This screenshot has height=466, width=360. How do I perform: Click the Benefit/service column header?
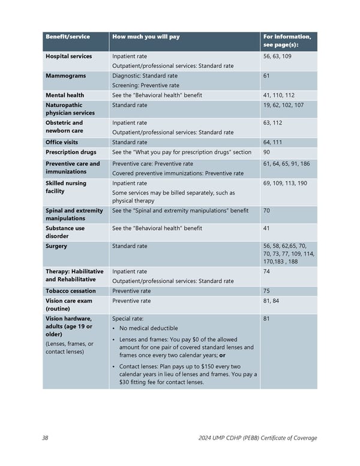pyautogui.click(x=68, y=37)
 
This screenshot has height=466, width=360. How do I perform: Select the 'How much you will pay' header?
pyautogui.click(x=146, y=37)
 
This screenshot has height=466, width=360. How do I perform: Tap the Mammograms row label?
pyautogui.click(x=65, y=76)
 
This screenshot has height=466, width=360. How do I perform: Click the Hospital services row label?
pyautogui.click(x=69, y=56)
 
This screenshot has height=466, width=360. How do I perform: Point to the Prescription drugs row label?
pyautogui.click(x=71, y=152)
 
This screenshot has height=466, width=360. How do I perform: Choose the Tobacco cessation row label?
pyautogui.click(x=71, y=291)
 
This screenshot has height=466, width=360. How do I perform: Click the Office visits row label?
pyautogui.click(x=62, y=142)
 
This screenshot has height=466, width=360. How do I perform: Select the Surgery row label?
pyautogui.click(x=56, y=246)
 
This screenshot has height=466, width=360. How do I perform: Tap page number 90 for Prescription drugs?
pyautogui.click(x=267, y=152)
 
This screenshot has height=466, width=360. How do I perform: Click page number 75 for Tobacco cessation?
pyautogui.click(x=267, y=291)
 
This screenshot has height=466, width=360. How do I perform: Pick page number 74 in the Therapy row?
pyautogui.click(x=267, y=271)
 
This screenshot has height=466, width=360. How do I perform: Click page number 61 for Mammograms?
pyautogui.click(x=267, y=76)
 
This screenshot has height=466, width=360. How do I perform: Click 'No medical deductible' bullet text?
pyautogui.click(x=149, y=328)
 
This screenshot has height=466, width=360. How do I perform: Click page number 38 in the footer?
pyautogui.click(x=46, y=438)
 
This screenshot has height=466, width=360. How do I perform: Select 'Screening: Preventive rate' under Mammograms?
pyautogui.click(x=146, y=85)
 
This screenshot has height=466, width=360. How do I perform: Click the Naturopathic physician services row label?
pyautogui.click(x=70, y=109)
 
